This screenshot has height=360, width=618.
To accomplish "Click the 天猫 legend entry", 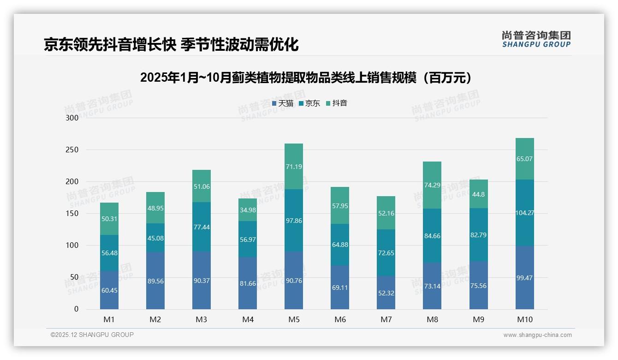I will click(283, 103).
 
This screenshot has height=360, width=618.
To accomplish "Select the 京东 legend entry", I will click(309, 103).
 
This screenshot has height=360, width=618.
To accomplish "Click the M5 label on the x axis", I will click(294, 319).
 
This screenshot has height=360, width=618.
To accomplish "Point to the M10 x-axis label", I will click(524, 319).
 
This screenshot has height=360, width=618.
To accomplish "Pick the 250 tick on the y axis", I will click(72, 150).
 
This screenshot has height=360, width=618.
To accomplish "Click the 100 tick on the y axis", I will click(72, 246).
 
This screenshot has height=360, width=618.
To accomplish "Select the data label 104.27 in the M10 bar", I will click(524, 213).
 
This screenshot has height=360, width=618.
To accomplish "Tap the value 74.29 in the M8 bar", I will click(432, 185).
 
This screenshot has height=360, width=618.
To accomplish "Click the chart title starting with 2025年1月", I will click(308, 78).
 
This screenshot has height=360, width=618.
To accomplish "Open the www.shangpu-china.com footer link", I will click(537, 335).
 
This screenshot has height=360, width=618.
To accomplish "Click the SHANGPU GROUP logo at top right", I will click(536, 39).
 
